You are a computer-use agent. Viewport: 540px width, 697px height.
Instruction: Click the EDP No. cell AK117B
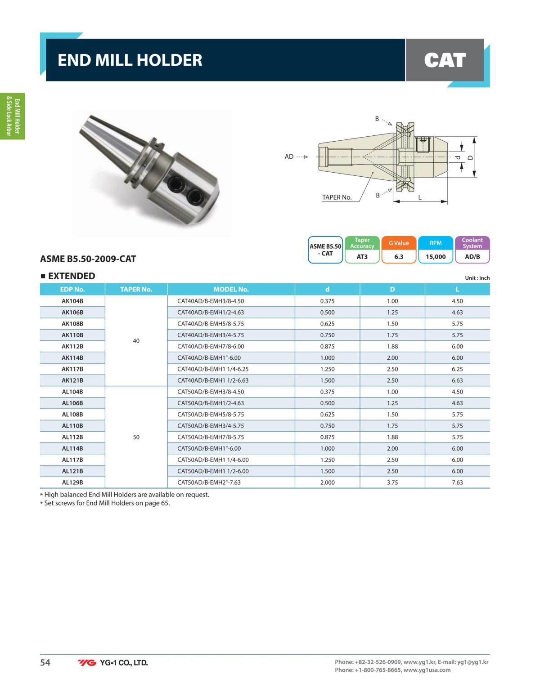[72, 369]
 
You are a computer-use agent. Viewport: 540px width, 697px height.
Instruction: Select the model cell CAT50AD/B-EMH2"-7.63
[209, 483]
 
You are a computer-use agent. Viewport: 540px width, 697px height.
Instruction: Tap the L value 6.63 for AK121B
[457, 380]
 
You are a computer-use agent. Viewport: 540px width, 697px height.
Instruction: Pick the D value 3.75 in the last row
[392, 483]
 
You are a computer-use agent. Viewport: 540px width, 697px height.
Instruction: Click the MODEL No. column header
[231, 289]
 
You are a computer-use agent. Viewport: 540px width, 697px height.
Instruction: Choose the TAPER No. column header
[136, 289]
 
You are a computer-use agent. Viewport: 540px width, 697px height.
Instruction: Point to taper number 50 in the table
[136, 437]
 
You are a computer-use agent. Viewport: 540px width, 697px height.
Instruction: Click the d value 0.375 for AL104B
[327, 392]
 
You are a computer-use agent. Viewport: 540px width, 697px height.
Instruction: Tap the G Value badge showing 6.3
[399, 250]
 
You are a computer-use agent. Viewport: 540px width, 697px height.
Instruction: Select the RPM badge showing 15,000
[436, 250]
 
